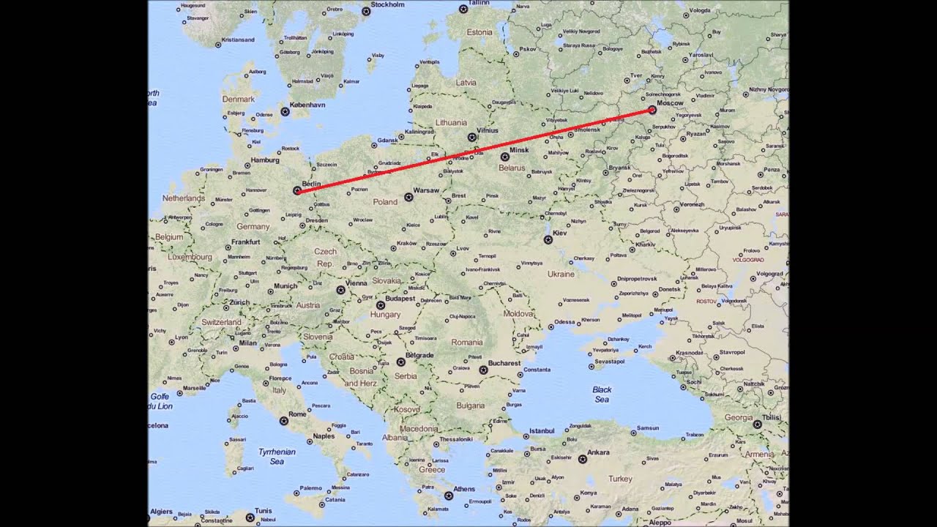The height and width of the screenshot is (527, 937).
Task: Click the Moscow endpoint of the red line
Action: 652,111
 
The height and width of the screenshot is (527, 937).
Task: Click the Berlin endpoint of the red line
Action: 297,190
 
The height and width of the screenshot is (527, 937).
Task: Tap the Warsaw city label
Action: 426,190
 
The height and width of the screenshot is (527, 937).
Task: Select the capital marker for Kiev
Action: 548,239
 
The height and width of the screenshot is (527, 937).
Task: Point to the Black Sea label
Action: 602,395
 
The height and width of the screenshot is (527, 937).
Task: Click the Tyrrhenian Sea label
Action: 277,457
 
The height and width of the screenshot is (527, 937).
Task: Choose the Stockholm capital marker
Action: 366,11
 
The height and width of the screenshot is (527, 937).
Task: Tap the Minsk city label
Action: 519,150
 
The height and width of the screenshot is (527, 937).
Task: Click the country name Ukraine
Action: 561,274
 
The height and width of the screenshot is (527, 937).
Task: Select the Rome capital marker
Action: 283,421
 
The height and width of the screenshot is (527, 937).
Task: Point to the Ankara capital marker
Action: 582,460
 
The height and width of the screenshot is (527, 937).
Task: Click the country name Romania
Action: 467,343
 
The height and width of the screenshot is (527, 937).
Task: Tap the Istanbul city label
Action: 542,430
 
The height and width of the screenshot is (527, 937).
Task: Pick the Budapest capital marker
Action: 381,305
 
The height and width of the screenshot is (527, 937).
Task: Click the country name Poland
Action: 385,202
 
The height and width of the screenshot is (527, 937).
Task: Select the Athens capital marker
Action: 448,496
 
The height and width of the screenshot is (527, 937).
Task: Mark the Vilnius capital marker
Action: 472,137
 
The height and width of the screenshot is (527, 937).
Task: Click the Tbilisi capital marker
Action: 758,424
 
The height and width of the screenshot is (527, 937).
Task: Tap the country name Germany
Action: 253,227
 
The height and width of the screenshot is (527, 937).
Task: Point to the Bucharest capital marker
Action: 482,370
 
